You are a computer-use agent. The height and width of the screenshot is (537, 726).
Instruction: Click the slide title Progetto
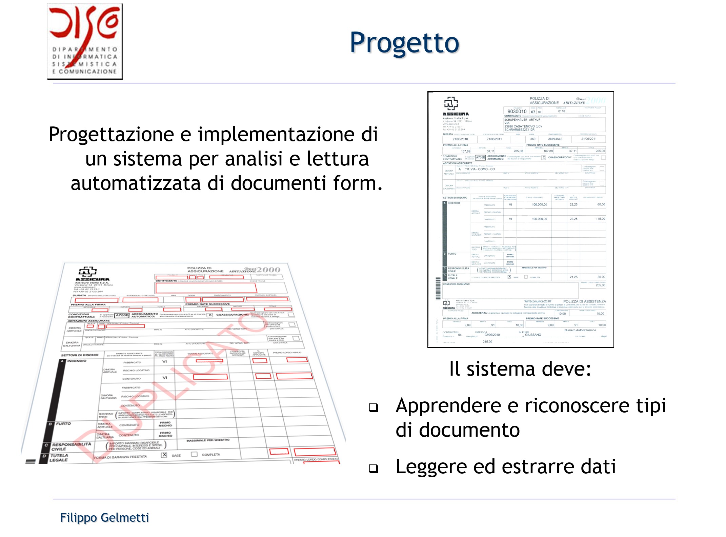[x=404, y=43]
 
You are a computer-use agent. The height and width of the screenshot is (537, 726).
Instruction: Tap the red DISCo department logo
[x=85, y=41]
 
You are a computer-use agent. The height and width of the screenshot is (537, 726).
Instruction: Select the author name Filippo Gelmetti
[x=104, y=518]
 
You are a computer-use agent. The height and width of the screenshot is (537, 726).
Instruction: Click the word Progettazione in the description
[x=112, y=135]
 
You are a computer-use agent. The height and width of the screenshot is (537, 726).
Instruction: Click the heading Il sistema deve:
[x=520, y=369]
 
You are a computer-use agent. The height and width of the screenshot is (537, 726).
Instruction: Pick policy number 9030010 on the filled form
[x=517, y=112]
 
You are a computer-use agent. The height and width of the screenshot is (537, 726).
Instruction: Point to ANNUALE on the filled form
[x=555, y=139]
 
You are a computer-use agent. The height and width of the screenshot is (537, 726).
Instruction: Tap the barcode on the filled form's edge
[x=438, y=289]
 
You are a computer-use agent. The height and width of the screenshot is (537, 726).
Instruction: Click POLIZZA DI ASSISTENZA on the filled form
[x=584, y=301]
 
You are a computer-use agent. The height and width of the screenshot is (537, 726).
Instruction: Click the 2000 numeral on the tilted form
[x=268, y=270]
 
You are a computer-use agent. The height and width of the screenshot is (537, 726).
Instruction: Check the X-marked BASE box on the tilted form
[x=164, y=455]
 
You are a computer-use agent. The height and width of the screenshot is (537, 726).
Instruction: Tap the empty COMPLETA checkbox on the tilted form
[x=194, y=454]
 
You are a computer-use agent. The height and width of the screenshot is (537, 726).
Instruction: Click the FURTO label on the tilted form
[x=63, y=424]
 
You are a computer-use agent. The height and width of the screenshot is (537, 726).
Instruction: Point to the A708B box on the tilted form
[x=122, y=315]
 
